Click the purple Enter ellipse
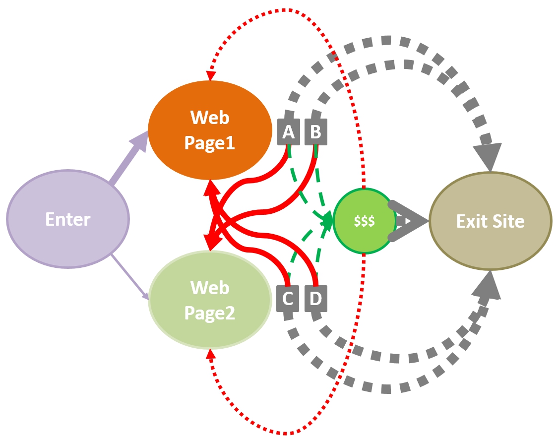[x=68, y=219]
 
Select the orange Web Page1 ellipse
[x=210, y=130]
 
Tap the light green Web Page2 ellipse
[x=210, y=300]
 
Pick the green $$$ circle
[x=364, y=221]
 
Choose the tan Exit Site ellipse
[x=491, y=221]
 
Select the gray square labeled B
[x=315, y=132]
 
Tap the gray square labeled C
[x=288, y=299]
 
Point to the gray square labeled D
[x=315, y=299]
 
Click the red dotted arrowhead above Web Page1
[x=211, y=74]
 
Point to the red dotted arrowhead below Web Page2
[x=211, y=354]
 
